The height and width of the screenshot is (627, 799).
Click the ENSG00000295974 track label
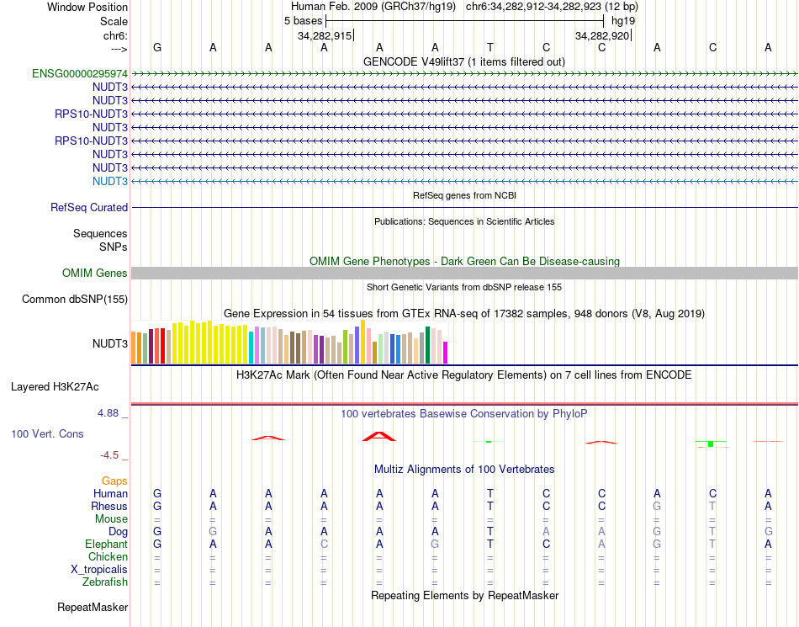tap(80, 73)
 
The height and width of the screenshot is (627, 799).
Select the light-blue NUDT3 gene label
tap(110, 181)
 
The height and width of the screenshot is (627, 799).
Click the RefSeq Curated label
tap(89, 207)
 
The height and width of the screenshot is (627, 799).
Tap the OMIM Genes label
tap(95, 273)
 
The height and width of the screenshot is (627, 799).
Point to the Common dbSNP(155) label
tap(75, 299)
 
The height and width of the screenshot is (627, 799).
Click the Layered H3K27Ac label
tap(55, 387)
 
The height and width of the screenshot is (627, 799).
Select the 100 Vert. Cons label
tap(47, 433)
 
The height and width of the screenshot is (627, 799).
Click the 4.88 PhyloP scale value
tap(108, 413)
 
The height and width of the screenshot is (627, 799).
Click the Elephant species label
tap(107, 545)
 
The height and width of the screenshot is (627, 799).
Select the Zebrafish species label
tap(105, 582)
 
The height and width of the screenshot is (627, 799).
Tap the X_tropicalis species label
tap(99, 570)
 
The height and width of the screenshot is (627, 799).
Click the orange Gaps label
tap(114, 481)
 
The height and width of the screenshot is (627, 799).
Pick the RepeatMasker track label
tap(93, 607)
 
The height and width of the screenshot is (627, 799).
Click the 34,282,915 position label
tap(325, 36)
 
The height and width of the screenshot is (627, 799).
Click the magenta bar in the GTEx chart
tap(446, 353)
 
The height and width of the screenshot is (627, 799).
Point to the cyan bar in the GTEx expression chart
tap(251, 348)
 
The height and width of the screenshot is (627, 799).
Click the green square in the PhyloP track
tap(711, 444)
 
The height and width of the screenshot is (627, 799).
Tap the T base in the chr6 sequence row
tap(489, 48)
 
